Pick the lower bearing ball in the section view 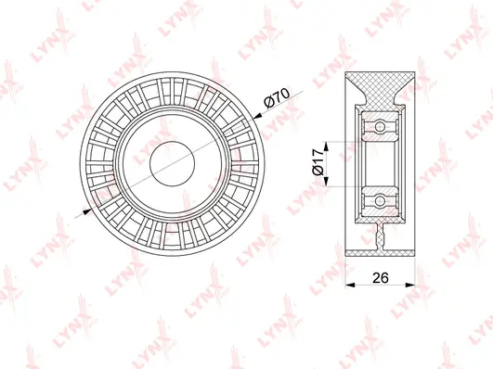(378, 198)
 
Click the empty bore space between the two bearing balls (378, 163)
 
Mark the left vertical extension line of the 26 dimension (344, 274)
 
